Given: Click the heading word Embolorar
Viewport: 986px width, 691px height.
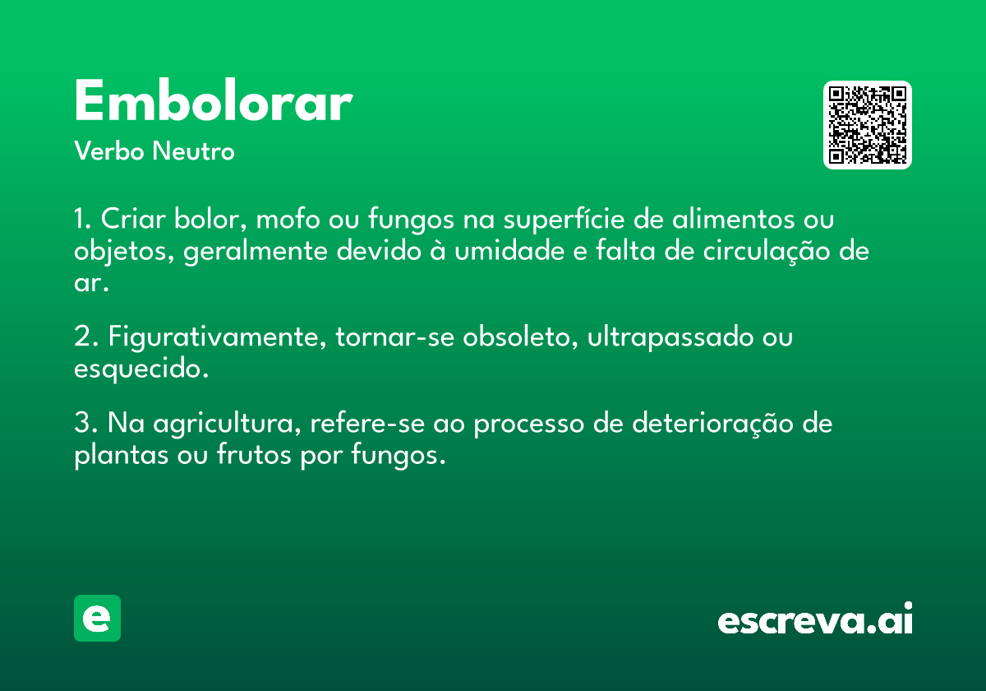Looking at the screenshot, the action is pyautogui.click(x=214, y=101).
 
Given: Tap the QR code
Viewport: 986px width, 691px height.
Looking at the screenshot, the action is pyautogui.click(x=867, y=125).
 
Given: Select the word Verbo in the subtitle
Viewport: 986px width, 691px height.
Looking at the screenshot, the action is pyautogui.click(x=109, y=151).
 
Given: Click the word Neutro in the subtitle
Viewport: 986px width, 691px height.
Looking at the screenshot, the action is pyautogui.click(x=193, y=151).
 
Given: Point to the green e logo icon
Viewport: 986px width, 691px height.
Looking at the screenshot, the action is pyautogui.click(x=97, y=618).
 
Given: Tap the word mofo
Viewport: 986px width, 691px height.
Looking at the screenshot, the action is pyautogui.click(x=288, y=218).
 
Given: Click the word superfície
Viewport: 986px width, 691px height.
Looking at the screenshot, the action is pyautogui.click(x=564, y=219).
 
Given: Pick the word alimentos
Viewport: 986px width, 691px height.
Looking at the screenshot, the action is pyautogui.click(x=733, y=218).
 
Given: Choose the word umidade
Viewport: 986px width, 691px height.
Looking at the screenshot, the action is pyautogui.click(x=509, y=251).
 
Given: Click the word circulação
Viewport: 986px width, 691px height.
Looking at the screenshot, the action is pyautogui.click(x=767, y=252).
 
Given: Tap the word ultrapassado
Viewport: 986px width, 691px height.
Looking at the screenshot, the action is pyautogui.click(x=670, y=338).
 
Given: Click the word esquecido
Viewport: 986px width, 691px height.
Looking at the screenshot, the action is pyautogui.click(x=141, y=369).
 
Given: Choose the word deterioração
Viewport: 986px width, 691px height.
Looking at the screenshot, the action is pyautogui.click(x=712, y=424).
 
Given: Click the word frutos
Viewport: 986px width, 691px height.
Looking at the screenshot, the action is pyautogui.click(x=254, y=454).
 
